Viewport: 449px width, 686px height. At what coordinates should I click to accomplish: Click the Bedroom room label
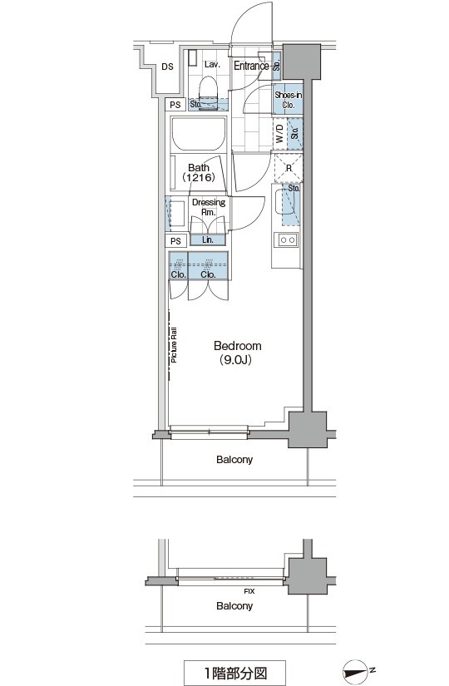pyautogui.click(x=238, y=346)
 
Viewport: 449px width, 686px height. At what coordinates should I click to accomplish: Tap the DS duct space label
pyautogui.click(x=167, y=67)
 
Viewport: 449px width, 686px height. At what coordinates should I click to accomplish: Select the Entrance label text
pyautogui.click(x=251, y=66)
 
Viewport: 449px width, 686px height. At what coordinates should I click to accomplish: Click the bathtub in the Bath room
pyautogui.click(x=199, y=133)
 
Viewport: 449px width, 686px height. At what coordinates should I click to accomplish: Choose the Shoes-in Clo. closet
pyautogui.click(x=288, y=100)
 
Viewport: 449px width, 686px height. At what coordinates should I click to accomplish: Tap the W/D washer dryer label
pyautogui.click(x=279, y=133)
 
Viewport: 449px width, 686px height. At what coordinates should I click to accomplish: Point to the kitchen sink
pyautogui.click(x=288, y=206)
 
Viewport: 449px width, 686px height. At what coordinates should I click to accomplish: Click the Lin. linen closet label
pyautogui.click(x=208, y=240)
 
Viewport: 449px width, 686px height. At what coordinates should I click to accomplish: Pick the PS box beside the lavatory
pyautogui.click(x=175, y=105)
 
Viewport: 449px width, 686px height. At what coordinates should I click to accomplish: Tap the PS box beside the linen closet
pyautogui.click(x=176, y=241)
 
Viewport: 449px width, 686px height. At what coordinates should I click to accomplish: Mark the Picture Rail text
pyautogui.click(x=174, y=345)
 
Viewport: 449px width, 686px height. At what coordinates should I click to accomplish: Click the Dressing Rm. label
pyautogui.click(x=209, y=207)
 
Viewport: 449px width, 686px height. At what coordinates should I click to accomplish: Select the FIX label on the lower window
pyautogui.click(x=249, y=591)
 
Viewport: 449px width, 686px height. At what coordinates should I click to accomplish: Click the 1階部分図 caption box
pyautogui.click(x=234, y=673)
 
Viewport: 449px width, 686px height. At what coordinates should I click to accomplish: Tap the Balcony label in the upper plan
pyautogui.click(x=234, y=460)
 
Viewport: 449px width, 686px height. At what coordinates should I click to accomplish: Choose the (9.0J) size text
pyautogui.click(x=236, y=360)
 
